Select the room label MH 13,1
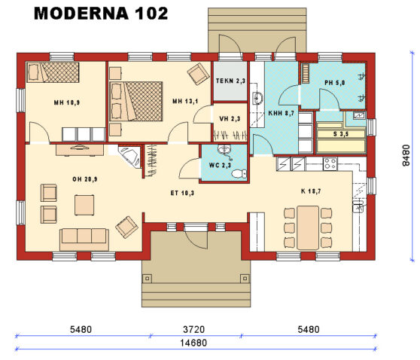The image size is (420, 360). point(184,102)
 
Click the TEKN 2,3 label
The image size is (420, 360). point(229,81)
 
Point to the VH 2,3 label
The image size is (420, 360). point(229,118)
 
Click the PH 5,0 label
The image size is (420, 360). point(334,83)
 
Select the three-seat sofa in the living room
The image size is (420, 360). point(84,238)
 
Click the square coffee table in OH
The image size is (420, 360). point(84,204)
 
